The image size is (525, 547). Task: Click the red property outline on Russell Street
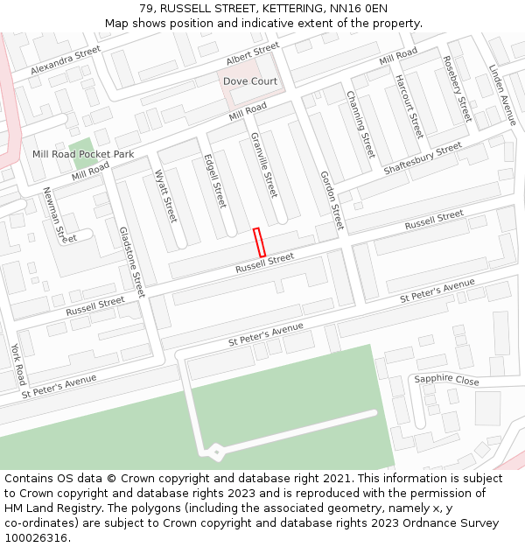(259, 242)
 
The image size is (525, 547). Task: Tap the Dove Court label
(250, 81)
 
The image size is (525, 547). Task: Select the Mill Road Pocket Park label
(83, 154)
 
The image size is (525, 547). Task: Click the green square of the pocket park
(80, 153)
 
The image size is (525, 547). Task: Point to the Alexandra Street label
(66, 60)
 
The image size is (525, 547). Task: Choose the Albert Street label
(252, 53)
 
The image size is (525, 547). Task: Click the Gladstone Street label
(132, 261)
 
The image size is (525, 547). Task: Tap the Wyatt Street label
(165, 196)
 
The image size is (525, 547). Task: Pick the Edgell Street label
(214, 181)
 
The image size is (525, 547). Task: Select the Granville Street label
(263, 165)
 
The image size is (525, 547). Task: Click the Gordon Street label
(332, 200)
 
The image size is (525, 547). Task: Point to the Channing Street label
(360, 123)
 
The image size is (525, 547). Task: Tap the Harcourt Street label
(409, 106)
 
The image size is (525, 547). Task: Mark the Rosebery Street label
(457, 88)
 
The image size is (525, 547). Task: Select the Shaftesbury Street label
(423, 158)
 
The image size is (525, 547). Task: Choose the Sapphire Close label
(446, 380)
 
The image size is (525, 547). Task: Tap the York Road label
(18, 364)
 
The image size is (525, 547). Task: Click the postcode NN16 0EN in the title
(350, 9)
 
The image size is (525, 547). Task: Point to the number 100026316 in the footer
(35, 538)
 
